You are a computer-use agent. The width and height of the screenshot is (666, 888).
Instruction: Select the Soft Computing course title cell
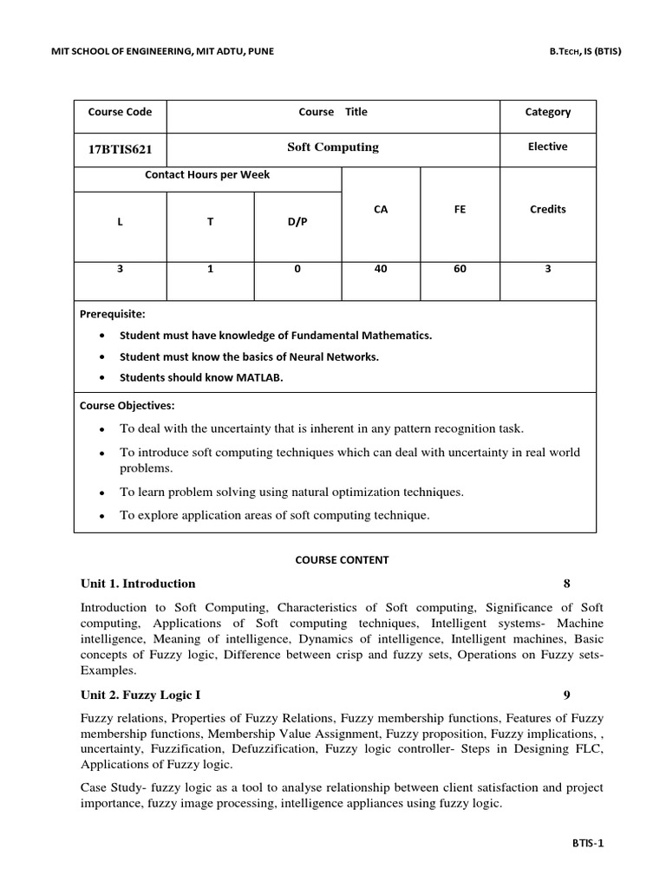tap(333, 147)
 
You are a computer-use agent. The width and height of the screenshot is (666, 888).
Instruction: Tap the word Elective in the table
tap(547, 147)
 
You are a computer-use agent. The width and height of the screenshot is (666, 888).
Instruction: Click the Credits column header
tap(547, 209)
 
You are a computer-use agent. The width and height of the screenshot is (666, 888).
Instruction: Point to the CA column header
tap(381, 209)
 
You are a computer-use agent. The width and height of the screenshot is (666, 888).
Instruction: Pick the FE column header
tap(460, 209)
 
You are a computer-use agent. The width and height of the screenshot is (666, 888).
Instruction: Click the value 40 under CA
tap(381, 269)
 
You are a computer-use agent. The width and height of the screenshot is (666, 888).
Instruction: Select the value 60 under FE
tap(460, 269)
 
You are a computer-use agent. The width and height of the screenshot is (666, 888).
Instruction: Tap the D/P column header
tap(297, 222)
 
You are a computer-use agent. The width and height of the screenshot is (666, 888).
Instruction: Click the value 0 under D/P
tap(297, 269)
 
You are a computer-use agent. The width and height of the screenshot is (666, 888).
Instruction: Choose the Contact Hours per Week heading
tap(207, 175)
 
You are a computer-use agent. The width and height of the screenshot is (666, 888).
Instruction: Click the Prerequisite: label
tap(113, 313)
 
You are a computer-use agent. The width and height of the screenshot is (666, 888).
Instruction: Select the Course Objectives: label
tap(127, 405)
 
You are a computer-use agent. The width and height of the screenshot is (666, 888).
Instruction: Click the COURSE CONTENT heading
tap(343, 560)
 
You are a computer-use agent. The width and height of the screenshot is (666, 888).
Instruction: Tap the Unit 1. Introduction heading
tap(138, 583)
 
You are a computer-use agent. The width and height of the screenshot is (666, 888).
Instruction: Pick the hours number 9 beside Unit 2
tap(567, 695)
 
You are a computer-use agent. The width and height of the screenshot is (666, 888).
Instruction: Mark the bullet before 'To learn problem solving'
tap(103, 493)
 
